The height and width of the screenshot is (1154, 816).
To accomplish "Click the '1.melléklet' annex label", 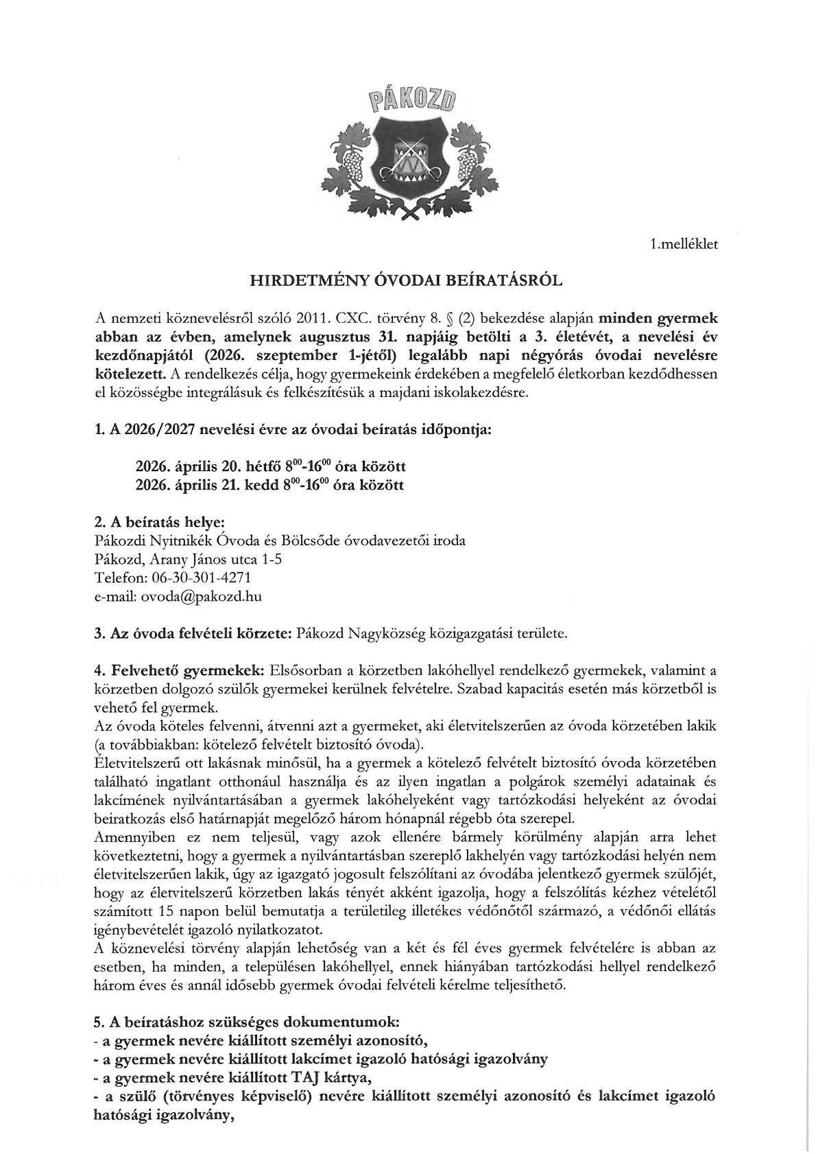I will point(684,243).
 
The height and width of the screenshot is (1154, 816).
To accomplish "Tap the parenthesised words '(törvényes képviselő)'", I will point(207,1096).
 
